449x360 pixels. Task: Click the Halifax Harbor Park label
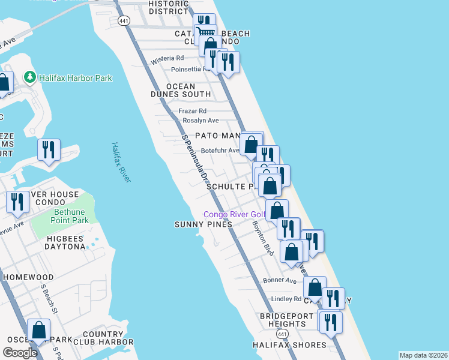tap(75, 78)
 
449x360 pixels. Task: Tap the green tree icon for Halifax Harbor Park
tap(29, 77)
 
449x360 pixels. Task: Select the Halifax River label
tap(121, 162)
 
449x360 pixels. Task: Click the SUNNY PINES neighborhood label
tap(203, 224)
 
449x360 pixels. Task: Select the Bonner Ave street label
tap(280, 281)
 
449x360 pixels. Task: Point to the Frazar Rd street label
tap(193, 111)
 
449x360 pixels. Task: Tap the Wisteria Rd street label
tap(167, 58)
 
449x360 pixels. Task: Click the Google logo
tap(20, 353)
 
